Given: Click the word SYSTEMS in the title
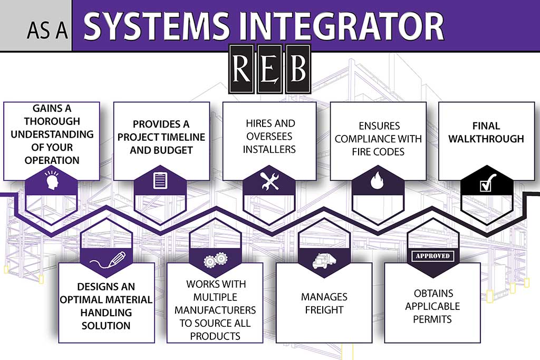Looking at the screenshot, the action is pyautogui.click(x=157, y=26).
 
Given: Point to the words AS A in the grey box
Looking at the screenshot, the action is pyautogui.click(x=47, y=30).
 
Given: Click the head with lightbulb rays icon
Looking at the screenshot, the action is pyautogui.click(x=52, y=180).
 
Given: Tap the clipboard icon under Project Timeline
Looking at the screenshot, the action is pyautogui.click(x=160, y=180).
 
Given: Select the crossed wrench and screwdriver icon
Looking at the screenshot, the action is pyautogui.click(x=270, y=181).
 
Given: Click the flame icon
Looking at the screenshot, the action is pyautogui.click(x=378, y=180).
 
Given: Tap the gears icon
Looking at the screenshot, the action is pyautogui.click(x=215, y=260).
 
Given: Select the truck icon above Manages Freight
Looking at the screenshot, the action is pyautogui.click(x=324, y=260).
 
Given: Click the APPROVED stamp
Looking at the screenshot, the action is pyautogui.click(x=432, y=256).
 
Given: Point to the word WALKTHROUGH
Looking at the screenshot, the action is pyautogui.click(x=486, y=139).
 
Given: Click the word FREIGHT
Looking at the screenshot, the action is pyautogui.click(x=324, y=310).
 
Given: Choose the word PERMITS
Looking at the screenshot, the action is pyautogui.click(x=432, y=319).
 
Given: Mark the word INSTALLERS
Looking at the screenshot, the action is pyautogui.click(x=269, y=149).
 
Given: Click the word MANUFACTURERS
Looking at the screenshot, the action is pyautogui.click(x=215, y=310).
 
